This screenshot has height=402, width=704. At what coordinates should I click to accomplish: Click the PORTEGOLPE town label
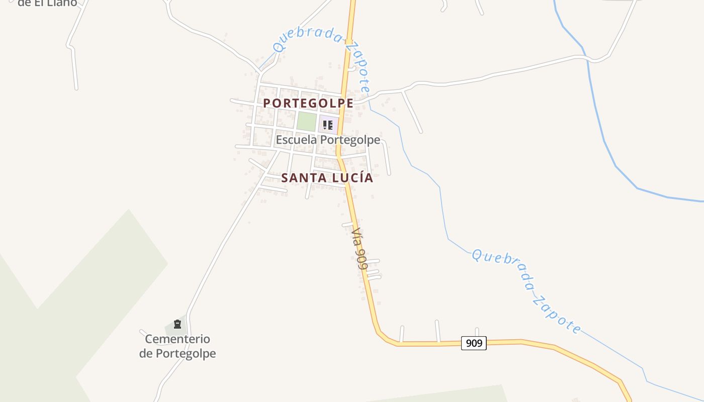click(308, 103)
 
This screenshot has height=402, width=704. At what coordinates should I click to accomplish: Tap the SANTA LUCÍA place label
click(327, 178)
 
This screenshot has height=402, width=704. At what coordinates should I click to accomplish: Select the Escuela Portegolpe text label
click(327, 140)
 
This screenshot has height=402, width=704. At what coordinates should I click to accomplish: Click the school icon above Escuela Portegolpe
click(328, 125)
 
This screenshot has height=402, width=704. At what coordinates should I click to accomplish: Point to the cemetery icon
click(177, 324)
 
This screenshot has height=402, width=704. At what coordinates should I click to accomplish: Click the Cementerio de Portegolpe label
click(178, 346)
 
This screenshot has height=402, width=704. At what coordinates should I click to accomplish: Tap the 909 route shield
click(474, 343)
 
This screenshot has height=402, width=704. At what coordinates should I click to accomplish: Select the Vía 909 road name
click(359, 249)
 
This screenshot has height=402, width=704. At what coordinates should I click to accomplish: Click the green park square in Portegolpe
click(306, 122)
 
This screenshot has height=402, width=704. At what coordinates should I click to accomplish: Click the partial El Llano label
click(48, 3)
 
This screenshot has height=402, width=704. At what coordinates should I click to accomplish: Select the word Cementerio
click(178, 339)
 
